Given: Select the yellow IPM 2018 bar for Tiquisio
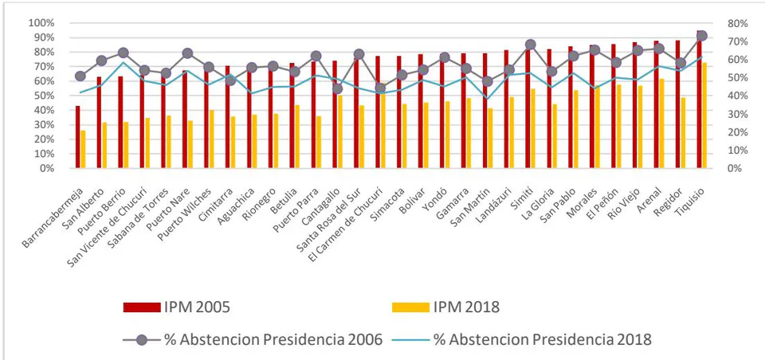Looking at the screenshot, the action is [x=704, y=115].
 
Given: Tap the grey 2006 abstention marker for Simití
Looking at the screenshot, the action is [x=531, y=45].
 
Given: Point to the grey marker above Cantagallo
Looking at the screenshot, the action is [x=338, y=88].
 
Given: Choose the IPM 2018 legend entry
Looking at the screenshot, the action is [x=445, y=307].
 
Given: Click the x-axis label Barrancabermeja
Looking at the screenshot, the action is [x=53, y=213].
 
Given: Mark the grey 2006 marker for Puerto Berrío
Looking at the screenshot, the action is [x=124, y=53].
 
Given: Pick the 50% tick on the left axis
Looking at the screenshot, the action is [x=43, y=96].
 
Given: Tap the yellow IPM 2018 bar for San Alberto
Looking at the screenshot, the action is [x=104, y=146].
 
